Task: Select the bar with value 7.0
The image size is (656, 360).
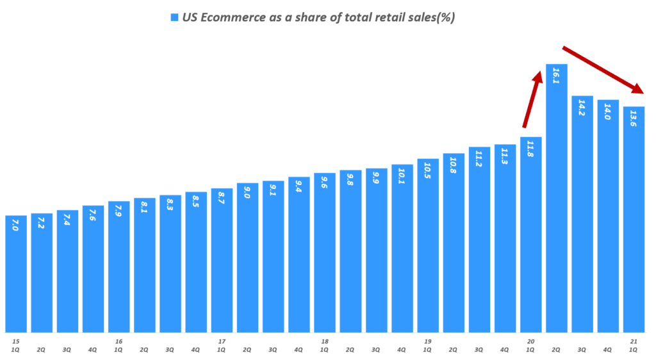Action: click(x=16, y=275)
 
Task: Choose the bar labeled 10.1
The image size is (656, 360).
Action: click(x=402, y=250)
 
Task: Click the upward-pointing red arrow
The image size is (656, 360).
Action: click(x=532, y=101)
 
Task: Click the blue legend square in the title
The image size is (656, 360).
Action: click(x=174, y=18)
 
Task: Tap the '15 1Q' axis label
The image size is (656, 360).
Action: click(x=15, y=346)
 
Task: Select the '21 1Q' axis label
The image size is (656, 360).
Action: click(x=634, y=346)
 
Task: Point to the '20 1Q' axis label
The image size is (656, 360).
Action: click(x=530, y=346)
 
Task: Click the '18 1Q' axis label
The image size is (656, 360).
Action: click(x=324, y=346)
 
